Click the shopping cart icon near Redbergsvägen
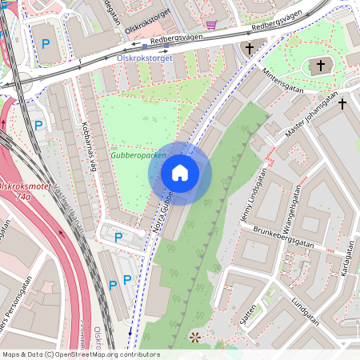211,25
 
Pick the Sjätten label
249,310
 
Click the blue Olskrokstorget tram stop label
145,58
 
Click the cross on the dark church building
322,66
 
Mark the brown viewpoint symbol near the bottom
194,338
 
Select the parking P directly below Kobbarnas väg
119,237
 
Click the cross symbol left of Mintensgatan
249,50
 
